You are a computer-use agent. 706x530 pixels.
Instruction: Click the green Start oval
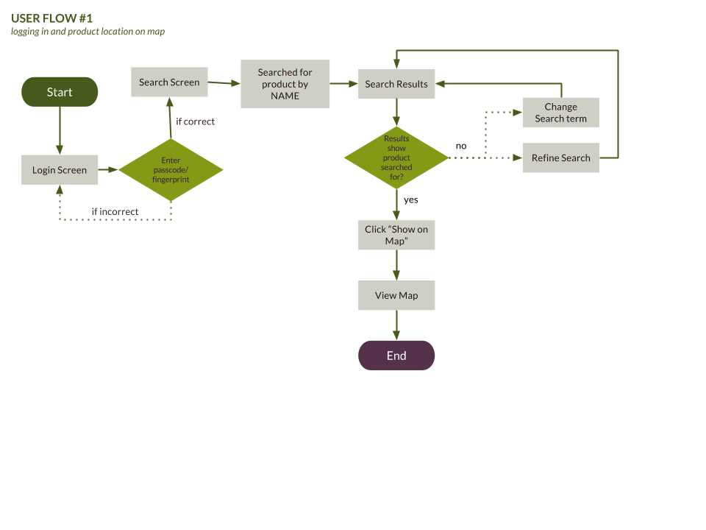tap(60, 92)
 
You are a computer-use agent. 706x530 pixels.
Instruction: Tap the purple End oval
tap(396, 356)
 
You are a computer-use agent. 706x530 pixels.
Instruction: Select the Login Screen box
tap(60, 170)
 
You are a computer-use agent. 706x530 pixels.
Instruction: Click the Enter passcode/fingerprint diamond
tap(171, 170)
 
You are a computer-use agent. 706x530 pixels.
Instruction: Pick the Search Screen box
tap(169, 82)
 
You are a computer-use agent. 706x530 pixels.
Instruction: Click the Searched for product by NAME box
tap(285, 84)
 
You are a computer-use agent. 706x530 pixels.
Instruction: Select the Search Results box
tap(396, 84)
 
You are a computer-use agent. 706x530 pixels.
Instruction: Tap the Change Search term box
tap(560, 113)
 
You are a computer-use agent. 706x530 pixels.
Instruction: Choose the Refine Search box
tap(560, 158)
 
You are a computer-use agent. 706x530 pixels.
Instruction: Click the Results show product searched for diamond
tap(396, 158)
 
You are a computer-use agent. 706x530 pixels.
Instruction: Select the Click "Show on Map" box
tap(396, 235)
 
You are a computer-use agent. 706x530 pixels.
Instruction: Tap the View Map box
tap(396, 295)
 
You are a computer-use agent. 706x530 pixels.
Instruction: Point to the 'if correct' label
tap(195, 121)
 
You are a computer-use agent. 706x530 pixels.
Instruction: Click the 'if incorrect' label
tap(115, 211)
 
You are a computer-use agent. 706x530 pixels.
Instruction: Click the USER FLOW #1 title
tap(51, 18)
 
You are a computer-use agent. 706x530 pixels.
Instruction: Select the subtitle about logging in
tap(88, 32)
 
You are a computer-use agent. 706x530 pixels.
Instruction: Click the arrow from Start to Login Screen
tap(60, 130)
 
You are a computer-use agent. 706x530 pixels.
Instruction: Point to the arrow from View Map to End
tap(396, 325)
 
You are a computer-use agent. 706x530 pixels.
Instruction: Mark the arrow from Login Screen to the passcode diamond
tap(108, 170)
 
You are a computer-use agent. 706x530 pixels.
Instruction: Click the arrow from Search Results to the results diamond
tap(396, 112)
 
